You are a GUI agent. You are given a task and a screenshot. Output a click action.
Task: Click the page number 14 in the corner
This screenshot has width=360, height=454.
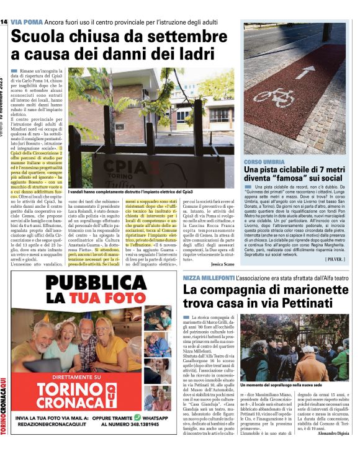coord(4,21)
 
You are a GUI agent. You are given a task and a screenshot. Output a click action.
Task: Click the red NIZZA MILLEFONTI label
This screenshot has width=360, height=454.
coord(208,278)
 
